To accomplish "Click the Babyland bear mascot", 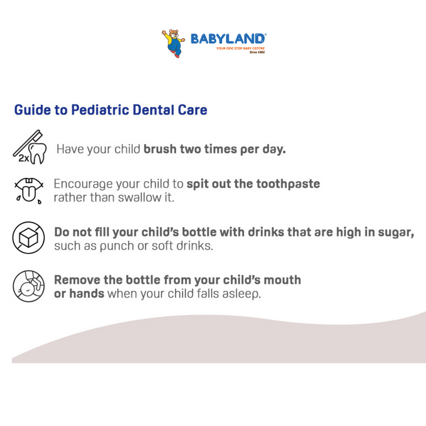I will (173, 43).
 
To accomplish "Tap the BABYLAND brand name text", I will (228, 39).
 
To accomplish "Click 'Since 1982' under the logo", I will (257, 52).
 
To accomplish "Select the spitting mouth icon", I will (27, 190).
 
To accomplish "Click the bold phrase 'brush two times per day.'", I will (215, 150).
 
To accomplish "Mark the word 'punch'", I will (107, 247).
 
